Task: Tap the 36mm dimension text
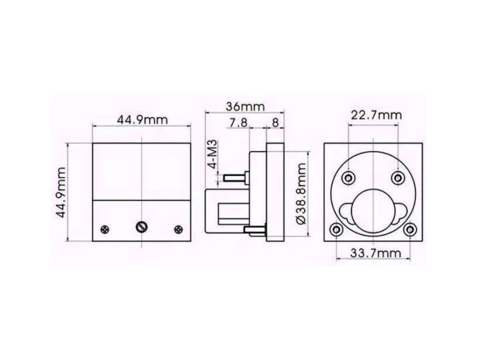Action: pos(245,106)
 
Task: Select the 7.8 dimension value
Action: pos(238,123)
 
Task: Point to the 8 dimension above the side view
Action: pos(275,123)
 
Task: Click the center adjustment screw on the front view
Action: pos(141,227)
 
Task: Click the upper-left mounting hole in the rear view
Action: pos(348,178)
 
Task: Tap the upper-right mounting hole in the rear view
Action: pos(398,178)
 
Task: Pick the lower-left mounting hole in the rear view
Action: pos(336,230)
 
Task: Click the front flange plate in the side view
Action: pos(275,192)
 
